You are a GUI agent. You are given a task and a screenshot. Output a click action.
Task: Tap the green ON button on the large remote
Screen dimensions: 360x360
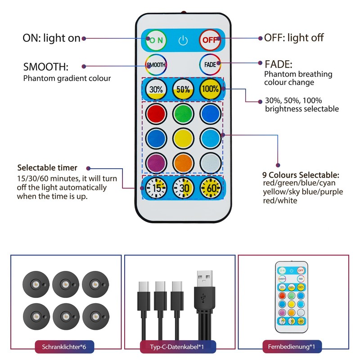(x=156, y=40)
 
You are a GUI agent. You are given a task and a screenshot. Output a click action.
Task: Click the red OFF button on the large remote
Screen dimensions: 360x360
(x=209, y=40)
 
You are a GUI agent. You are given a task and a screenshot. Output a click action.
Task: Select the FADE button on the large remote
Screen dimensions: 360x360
(x=210, y=64)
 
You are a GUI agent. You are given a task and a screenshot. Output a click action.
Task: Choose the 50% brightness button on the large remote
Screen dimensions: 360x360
(x=183, y=89)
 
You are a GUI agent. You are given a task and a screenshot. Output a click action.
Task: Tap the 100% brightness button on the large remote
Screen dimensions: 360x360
(x=210, y=89)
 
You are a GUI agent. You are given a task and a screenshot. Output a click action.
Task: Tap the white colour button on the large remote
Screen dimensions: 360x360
(x=210, y=162)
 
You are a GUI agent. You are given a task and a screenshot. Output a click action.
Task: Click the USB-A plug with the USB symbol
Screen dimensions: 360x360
(x=205, y=292)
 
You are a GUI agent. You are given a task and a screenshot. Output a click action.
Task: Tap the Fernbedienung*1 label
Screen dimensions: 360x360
(x=292, y=347)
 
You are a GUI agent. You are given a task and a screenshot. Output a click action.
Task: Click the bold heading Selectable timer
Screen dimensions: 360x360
(x=47, y=168)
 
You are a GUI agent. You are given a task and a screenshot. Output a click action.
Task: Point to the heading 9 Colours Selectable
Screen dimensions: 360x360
(x=301, y=175)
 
